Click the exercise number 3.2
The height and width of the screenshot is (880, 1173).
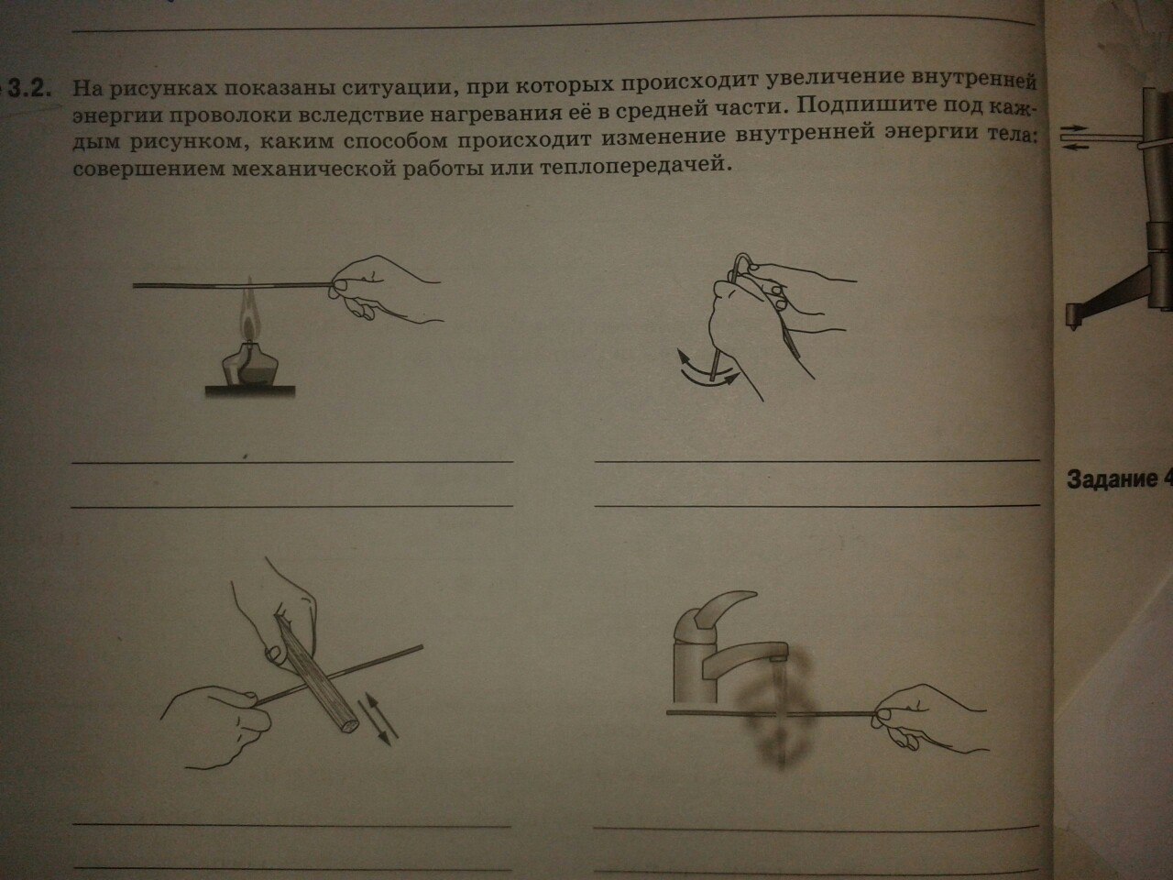[28, 89]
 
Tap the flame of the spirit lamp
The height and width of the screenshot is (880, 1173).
[250, 315]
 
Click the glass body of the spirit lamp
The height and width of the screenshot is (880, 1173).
[249, 366]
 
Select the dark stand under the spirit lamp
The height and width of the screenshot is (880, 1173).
[250, 391]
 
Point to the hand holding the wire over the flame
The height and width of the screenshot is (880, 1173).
[385, 290]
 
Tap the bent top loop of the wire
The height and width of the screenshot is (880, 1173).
[742, 262]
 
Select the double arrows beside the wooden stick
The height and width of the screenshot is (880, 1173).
[378, 718]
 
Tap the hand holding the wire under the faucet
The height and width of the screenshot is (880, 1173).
[927, 720]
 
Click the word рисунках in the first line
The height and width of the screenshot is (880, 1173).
[163, 89]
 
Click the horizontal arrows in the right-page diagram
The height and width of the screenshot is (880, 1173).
[1075, 137]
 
